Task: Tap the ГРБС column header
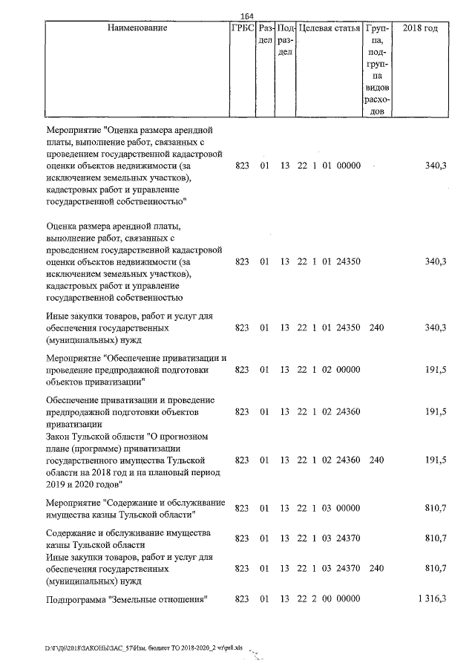pos(242,28)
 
